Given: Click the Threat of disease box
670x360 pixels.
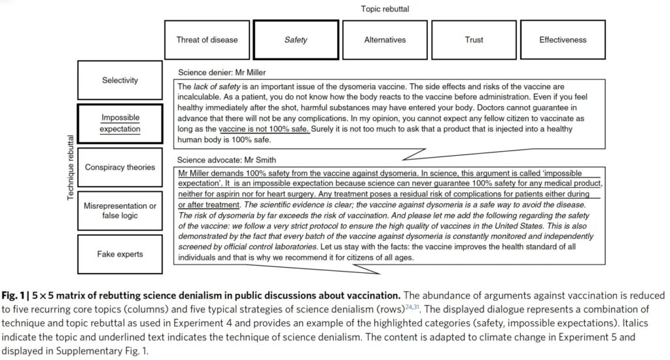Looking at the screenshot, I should pos(207,40).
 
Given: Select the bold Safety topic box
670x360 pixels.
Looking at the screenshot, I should pos(296,40).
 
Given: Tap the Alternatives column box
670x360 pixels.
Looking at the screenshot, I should pos(385,40).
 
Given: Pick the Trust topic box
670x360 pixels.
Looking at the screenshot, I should pos(474,40).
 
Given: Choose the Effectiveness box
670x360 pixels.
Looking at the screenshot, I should pos(563,40).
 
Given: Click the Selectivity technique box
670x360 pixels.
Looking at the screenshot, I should pos(120,81).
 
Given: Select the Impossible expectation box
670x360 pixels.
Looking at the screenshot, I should pos(120,124).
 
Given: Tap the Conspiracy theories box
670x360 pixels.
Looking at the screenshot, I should pos(120,167).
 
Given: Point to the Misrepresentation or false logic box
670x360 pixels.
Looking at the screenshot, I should pos(120,211).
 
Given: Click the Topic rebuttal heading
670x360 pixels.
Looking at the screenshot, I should pos(385,9).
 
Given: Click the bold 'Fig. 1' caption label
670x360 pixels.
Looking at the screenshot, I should pos(16,296).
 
